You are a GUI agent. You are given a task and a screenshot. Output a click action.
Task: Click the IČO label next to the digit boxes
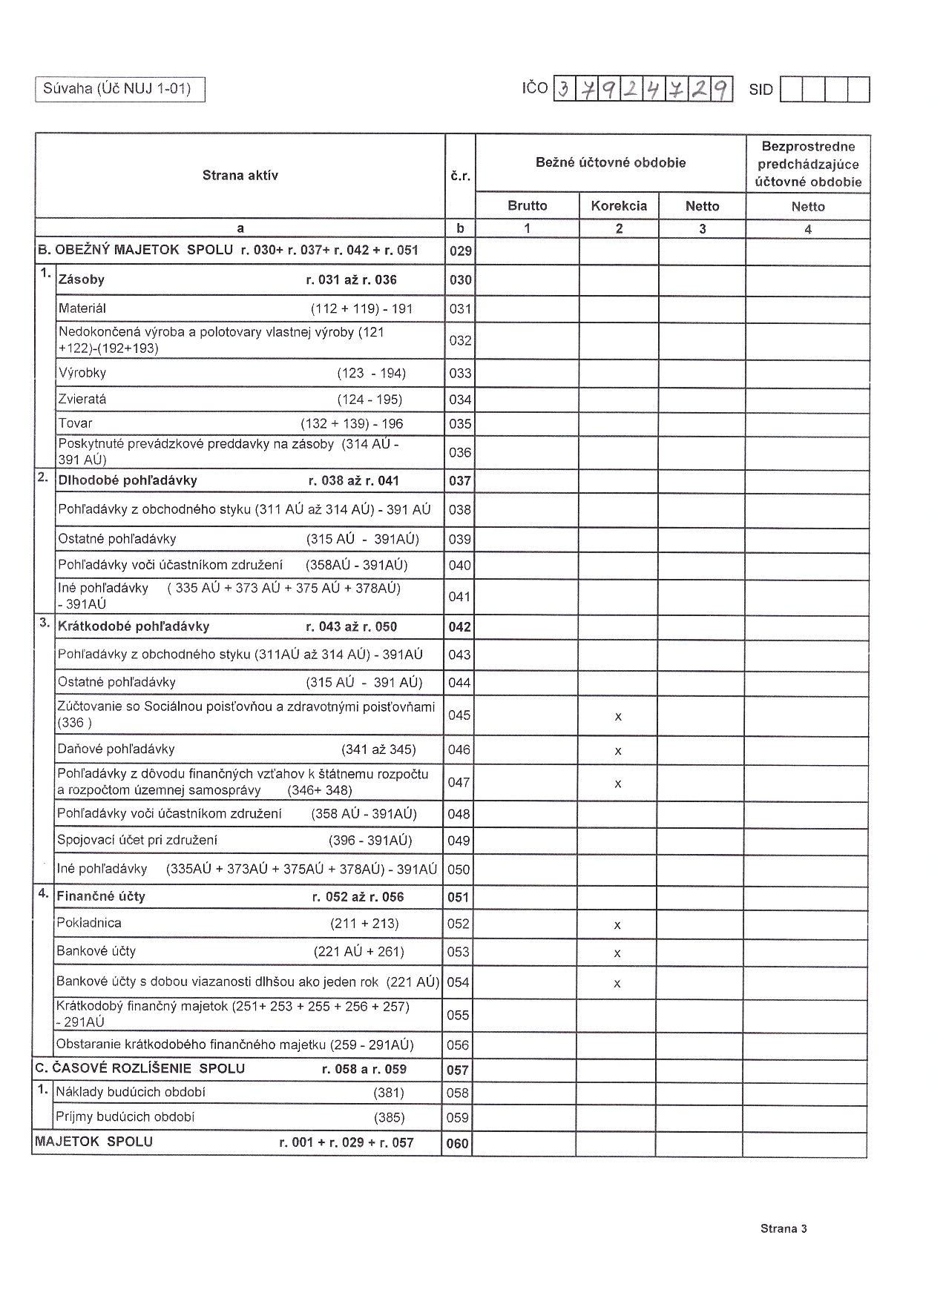tap(534, 89)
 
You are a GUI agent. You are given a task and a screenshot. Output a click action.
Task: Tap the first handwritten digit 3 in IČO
tap(565, 90)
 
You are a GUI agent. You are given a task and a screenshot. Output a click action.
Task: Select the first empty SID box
tap(791, 90)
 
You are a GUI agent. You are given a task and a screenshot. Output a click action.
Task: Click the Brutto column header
tap(527, 206)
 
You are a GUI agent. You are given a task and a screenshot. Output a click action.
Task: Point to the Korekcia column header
tap(619, 206)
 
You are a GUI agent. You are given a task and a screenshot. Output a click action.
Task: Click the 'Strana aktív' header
tap(240, 176)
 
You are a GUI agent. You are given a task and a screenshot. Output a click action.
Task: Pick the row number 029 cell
tap(460, 251)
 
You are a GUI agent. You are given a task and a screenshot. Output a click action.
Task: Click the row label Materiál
tap(82, 308)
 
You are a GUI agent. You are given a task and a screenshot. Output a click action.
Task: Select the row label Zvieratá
tap(82, 400)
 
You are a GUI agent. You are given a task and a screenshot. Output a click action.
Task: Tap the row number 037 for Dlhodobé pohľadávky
tap(460, 481)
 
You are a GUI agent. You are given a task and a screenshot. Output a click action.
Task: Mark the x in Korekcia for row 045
tap(618, 717)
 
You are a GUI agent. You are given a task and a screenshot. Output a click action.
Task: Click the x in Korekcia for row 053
tap(617, 953)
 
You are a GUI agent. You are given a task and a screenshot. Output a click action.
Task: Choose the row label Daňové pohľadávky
tap(116, 749)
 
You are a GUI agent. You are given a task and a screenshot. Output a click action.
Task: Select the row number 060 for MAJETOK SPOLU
tap(458, 1144)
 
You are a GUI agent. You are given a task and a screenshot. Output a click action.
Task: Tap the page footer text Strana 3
tap(784, 1228)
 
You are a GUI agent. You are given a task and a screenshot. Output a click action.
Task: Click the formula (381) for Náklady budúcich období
tap(389, 1093)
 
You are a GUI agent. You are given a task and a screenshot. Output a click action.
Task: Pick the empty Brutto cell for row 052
tap(525, 924)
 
